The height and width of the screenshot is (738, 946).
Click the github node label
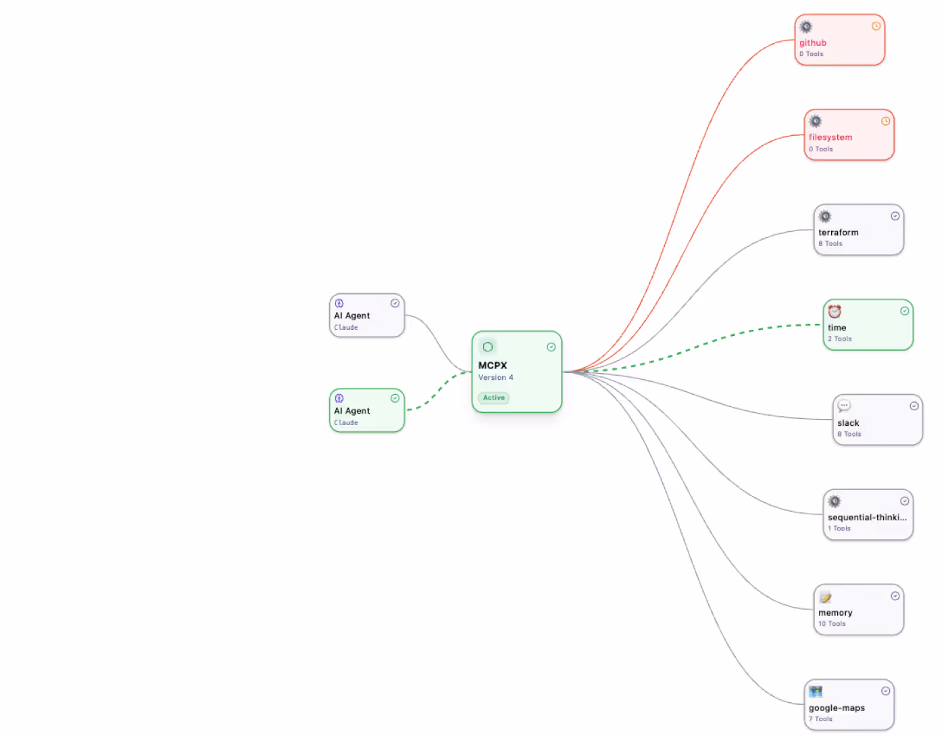812,43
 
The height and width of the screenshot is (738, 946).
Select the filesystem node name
830,137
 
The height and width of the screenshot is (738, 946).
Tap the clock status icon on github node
876,26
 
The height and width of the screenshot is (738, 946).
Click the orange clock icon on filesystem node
885,122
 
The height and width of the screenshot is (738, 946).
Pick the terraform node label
838,232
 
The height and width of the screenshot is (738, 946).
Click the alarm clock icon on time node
835,312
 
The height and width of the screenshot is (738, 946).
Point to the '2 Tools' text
839,339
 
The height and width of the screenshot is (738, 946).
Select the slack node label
848,423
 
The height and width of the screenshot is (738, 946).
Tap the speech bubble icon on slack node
844,405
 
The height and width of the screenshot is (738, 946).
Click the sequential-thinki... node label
867,517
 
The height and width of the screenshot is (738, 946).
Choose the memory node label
835,613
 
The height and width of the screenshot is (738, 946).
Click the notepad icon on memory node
825,597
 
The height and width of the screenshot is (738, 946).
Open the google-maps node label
837,708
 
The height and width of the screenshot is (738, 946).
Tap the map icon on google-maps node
816,691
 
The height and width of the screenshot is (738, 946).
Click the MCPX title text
493,366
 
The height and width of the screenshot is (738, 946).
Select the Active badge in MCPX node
493,398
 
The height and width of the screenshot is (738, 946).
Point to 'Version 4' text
495,378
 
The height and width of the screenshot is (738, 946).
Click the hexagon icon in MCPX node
487,347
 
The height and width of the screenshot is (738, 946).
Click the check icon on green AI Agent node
395,398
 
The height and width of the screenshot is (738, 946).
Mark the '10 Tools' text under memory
832,624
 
